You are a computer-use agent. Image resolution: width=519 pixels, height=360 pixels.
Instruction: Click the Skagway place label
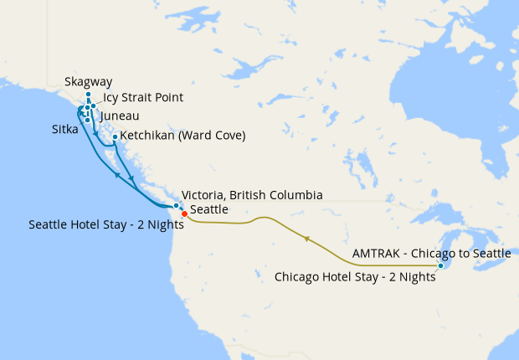pos(88,83)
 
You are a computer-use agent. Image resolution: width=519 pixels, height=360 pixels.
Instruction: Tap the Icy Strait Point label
pos(143,98)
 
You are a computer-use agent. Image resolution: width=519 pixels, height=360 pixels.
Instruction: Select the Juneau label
pos(119,116)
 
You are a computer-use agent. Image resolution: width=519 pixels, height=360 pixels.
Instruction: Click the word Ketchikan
pos(151,136)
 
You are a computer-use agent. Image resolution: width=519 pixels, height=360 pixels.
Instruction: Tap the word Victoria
pos(204,195)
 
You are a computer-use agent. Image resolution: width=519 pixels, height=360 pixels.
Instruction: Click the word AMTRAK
pos(379,253)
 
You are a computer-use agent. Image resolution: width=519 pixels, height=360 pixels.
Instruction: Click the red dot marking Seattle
pos(184,213)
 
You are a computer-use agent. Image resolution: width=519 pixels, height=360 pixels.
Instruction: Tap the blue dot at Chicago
pos(441,266)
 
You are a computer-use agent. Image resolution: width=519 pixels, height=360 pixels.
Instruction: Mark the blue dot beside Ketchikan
pos(115,136)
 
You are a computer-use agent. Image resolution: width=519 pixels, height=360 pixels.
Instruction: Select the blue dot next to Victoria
pos(175,205)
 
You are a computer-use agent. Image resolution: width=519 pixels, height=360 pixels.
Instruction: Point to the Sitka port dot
pos(87,121)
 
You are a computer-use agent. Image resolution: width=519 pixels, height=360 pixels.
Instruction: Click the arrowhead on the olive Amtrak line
pos(307,239)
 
